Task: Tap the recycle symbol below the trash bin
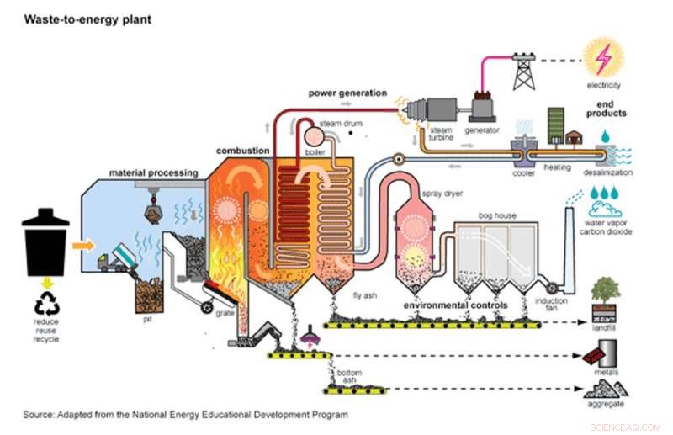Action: coord(46,290)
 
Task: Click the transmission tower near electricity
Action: coord(524,72)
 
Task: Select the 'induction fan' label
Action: coord(551,305)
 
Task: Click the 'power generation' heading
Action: coord(347,92)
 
